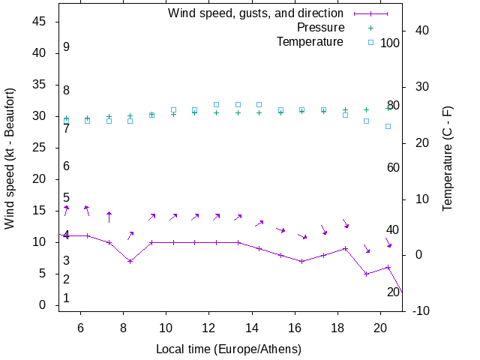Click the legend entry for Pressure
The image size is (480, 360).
(x=320, y=28)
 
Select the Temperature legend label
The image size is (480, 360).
(x=309, y=42)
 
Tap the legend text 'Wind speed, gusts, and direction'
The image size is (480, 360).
(x=255, y=13)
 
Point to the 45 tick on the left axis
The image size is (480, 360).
(x=40, y=22)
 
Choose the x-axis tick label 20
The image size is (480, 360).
(x=380, y=327)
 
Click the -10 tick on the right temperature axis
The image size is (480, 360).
(x=421, y=310)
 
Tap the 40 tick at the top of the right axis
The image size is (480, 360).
(x=421, y=31)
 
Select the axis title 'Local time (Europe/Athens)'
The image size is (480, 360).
(x=228, y=349)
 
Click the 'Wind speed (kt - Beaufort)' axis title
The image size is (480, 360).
(x=10, y=165)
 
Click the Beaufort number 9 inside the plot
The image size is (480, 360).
(x=67, y=47)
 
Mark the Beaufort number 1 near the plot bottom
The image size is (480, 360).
(x=67, y=298)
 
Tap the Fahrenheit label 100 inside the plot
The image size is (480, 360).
(x=390, y=43)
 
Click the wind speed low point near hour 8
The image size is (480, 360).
(x=130, y=261)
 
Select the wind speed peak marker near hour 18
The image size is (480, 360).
(x=345, y=248)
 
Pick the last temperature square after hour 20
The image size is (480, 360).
(x=388, y=126)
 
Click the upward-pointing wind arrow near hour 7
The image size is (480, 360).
(x=109, y=217)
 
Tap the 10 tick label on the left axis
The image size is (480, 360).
(x=40, y=242)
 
